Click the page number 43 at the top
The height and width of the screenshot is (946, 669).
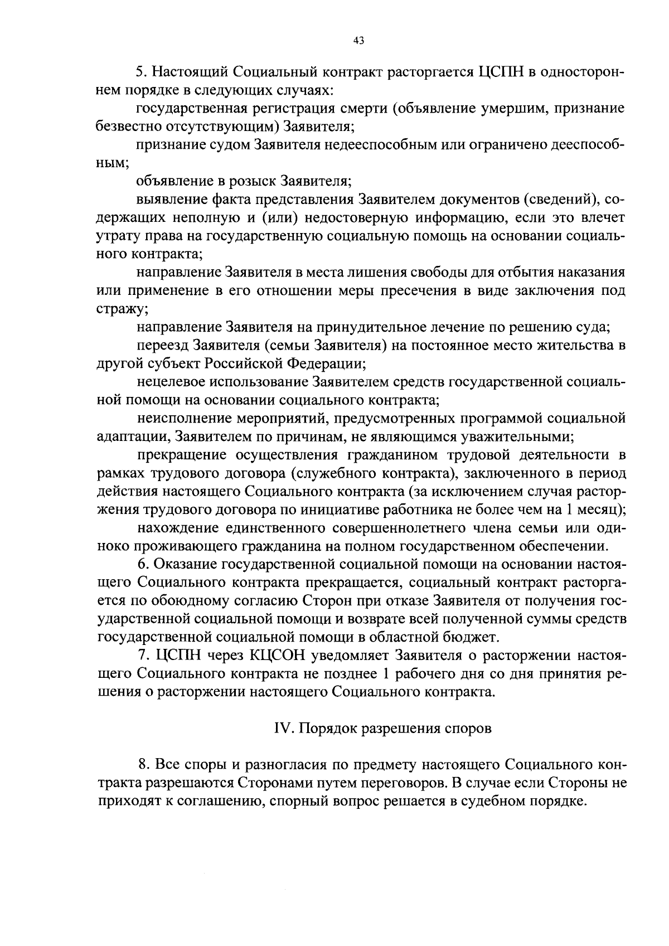click(358, 40)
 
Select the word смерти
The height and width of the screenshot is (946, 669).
click(360, 108)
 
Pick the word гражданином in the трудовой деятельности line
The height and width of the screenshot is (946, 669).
click(391, 455)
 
